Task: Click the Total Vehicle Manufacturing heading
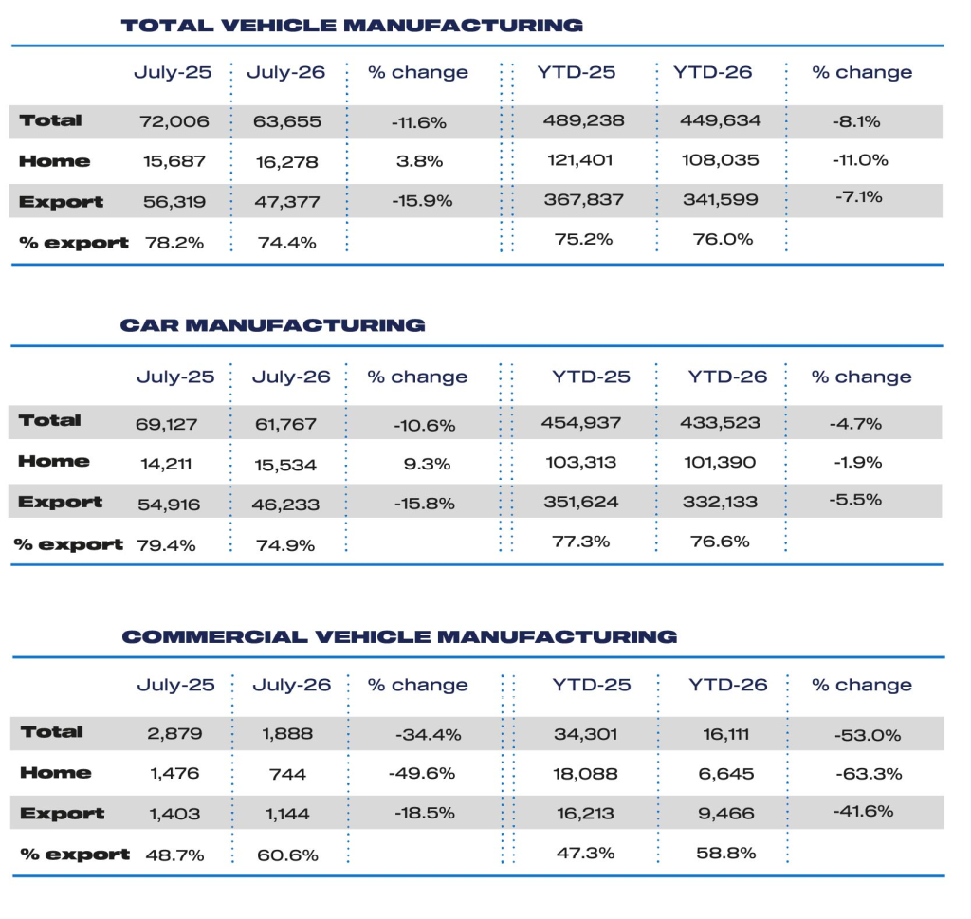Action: tap(352, 26)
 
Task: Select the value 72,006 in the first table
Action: tap(174, 121)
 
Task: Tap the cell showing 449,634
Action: tap(721, 120)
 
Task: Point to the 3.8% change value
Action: tap(420, 161)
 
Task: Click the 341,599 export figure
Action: tap(721, 200)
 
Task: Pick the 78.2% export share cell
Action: tap(174, 243)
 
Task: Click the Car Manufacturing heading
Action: tap(272, 325)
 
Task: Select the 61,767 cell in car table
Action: tap(286, 424)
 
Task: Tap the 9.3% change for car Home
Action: tap(428, 464)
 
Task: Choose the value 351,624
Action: tap(581, 502)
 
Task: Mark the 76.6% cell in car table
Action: tap(721, 542)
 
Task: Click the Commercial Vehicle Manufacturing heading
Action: tap(399, 636)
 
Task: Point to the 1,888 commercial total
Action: tap(287, 734)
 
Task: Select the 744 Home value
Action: tap(287, 774)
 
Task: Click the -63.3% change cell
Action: tap(869, 774)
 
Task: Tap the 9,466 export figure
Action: tap(725, 813)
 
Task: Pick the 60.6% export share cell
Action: tap(288, 855)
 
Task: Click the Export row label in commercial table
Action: tap(62, 814)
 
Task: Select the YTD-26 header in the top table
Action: tap(713, 72)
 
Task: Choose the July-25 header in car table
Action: tap(175, 377)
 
